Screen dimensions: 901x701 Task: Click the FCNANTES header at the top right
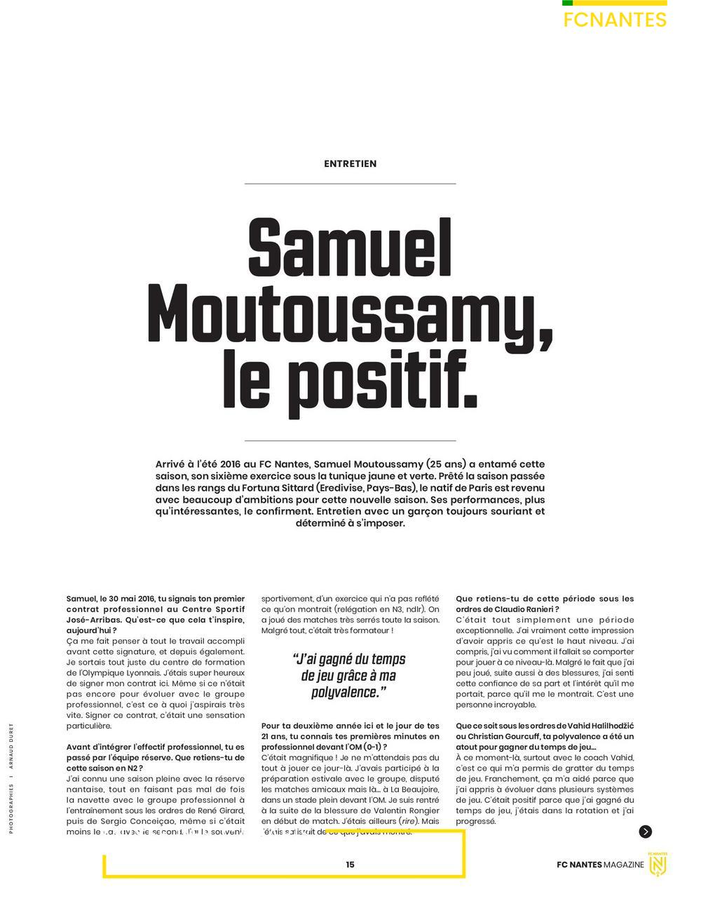(x=615, y=20)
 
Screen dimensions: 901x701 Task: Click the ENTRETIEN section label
(x=350, y=163)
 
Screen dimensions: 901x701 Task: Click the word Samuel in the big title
(x=350, y=249)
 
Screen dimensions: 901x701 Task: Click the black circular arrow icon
(x=645, y=832)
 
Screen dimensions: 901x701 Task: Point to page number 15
(x=350, y=865)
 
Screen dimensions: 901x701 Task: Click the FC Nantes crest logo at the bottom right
(x=658, y=865)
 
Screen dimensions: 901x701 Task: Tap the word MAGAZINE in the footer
(x=624, y=865)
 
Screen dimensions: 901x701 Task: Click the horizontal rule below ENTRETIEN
(x=350, y=184)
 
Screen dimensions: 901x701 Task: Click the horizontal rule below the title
(x=350, y=440)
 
